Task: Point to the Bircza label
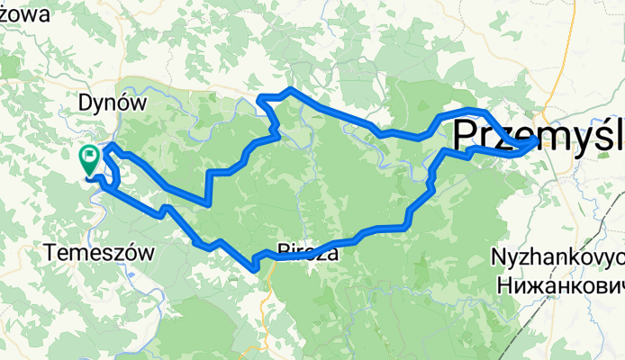[308, 253]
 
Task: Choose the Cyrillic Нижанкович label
[560, 284]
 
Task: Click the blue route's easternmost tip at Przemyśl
[538, 141]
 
